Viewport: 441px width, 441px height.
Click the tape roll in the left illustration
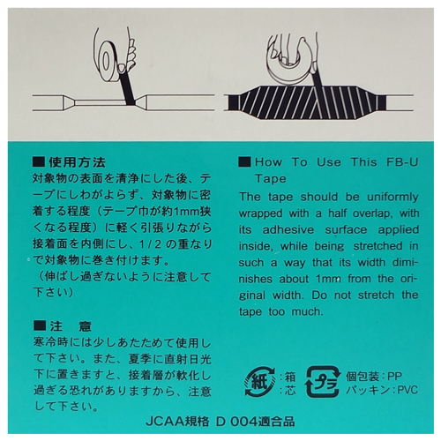click(x=108, y=59)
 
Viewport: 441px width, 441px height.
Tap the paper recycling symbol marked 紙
click(x=259, y=382)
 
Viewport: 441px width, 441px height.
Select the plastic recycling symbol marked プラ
click(x=323, y=382)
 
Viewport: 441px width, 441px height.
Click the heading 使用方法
click(x=78, y=162)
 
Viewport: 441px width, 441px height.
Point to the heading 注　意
click(x=71, y=326)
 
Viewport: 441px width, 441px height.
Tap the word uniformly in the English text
click(x=392, y=198)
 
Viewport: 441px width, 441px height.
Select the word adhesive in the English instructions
click(x=288, y=229)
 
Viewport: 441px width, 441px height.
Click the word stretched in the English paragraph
click(x=377, y=246)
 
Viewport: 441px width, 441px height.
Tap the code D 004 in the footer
click(x=233, y=422)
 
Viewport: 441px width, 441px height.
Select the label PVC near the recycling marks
click(x=407, y=391)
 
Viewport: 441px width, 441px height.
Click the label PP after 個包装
click(x=395, y=377)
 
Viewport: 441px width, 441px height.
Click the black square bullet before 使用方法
click(x=39, y=162)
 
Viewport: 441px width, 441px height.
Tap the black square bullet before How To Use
click(x=244, y=162)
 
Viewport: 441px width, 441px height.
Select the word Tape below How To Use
click(x=271, y=179)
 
